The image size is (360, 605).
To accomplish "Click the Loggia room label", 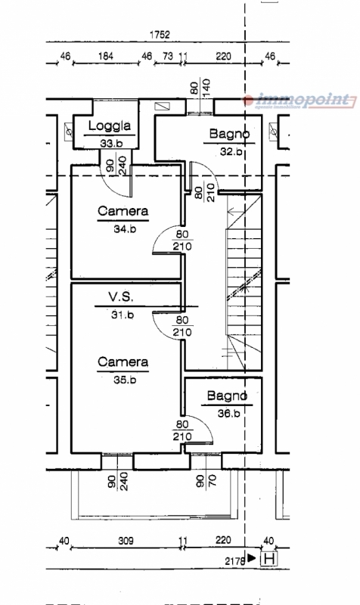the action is coord(110,126).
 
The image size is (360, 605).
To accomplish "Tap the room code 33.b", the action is coord(111,143).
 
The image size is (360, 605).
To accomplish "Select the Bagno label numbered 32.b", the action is coord(229,134).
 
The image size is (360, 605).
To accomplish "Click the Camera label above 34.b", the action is coord(123,211).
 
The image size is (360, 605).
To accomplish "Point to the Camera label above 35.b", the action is coord(123,362).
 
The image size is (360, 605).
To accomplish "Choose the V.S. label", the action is coord(121,296).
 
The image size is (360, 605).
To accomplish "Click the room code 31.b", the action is coord(123,315).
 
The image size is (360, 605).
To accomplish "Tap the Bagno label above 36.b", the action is coord(227,396).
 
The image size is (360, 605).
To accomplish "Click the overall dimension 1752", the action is coord(160,35).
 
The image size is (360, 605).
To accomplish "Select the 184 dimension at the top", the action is coord(105,56).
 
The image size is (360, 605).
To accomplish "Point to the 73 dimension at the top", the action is coord(168,56).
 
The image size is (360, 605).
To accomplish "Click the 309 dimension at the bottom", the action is coord(126,541).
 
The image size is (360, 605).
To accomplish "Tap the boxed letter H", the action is coord(269,558).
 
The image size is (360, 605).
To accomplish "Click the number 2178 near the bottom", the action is coord(235,560).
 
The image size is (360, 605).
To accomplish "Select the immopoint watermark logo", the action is coord(299,101).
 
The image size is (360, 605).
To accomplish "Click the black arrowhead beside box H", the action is coord(252,557).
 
